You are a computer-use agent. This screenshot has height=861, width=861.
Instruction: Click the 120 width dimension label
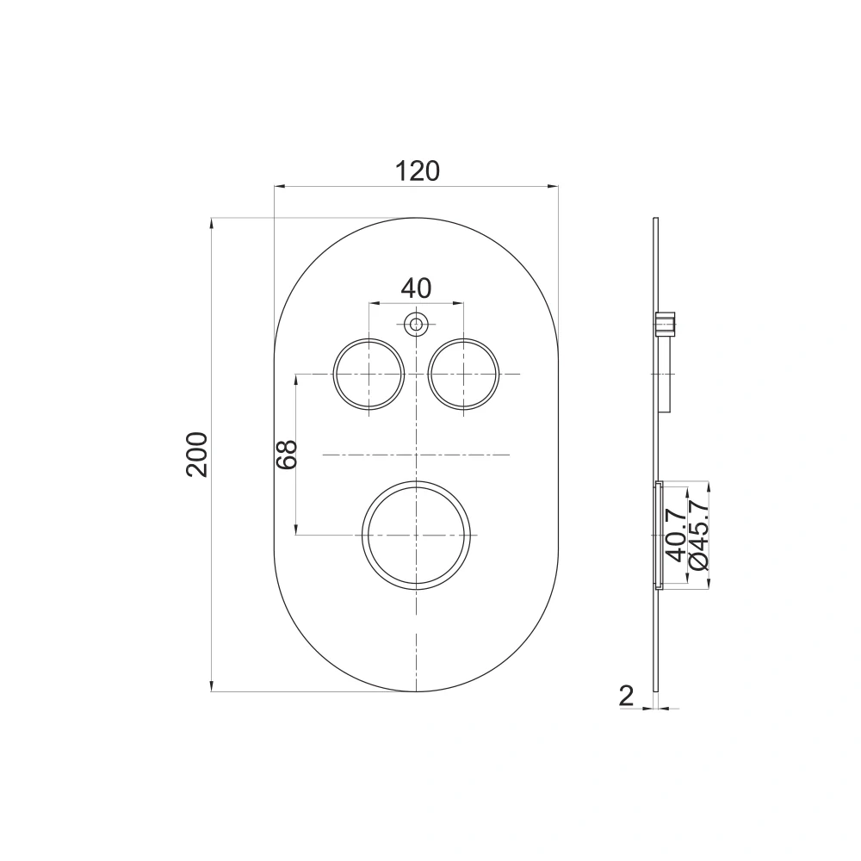point(418,171)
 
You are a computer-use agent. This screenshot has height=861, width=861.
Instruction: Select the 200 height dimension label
point(197,454)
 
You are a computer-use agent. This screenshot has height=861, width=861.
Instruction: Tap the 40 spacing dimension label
point(416,288)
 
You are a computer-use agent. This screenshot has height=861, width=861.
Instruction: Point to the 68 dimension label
point(286,454)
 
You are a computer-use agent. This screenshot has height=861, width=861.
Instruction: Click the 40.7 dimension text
point(676,535)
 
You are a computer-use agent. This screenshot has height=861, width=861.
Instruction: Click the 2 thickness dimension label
point(626,697)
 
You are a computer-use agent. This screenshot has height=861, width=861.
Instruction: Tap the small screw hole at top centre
point(416,324)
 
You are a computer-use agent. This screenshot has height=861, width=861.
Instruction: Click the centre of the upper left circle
point(369,374)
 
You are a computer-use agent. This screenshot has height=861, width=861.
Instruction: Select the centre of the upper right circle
point(464,374)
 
